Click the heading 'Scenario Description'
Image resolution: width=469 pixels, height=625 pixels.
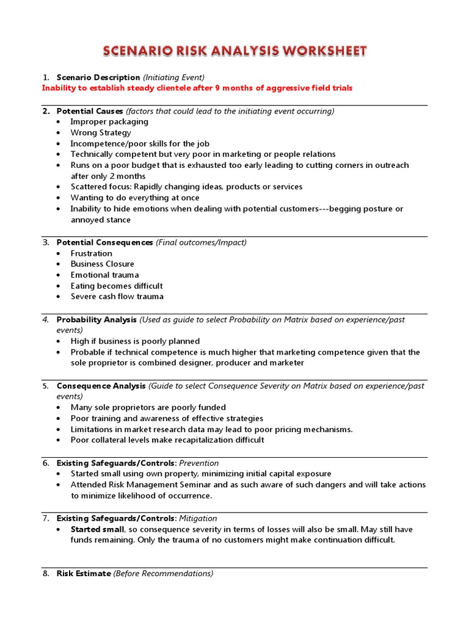98,78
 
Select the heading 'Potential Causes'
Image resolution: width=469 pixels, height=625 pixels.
90,111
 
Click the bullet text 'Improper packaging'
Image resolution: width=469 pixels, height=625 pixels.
109,121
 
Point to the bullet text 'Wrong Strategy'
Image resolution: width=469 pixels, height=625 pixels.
101,132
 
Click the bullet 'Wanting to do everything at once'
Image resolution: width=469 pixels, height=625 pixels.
135,198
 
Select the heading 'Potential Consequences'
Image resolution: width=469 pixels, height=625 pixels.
104,242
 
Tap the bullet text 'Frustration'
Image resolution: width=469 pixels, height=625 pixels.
92,253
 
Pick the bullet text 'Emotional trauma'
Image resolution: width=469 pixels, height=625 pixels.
104,275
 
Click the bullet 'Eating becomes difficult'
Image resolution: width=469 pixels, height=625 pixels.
117,286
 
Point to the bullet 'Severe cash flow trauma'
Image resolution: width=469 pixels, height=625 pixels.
117,297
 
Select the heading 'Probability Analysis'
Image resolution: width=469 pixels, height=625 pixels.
96,320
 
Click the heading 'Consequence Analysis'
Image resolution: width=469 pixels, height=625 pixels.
101,386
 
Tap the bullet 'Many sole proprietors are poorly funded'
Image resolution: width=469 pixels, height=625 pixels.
148,407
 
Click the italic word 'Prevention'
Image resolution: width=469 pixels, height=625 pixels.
198,463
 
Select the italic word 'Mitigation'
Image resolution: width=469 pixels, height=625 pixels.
198,518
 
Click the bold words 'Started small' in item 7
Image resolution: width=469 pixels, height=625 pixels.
97,529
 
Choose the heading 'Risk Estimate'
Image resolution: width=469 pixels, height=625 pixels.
84,574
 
